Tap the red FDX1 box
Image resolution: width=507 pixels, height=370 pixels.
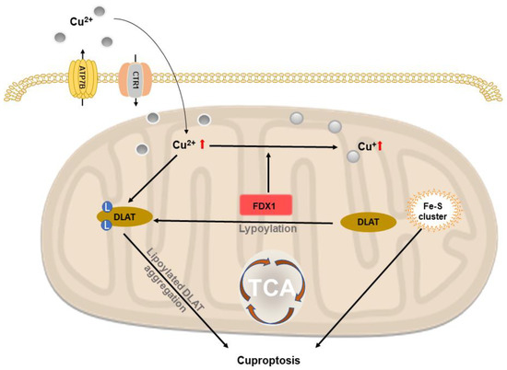point(267,207)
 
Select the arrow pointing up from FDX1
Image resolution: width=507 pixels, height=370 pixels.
point(267,171)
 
